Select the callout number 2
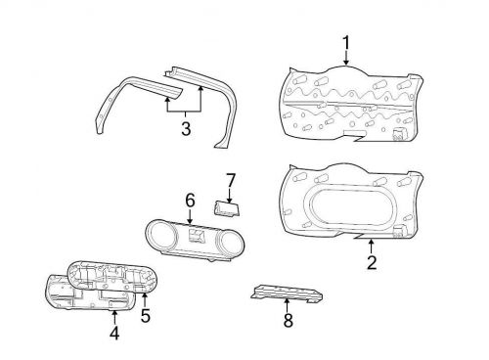[371, 261]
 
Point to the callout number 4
[114, 333]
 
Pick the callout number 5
[146, 316]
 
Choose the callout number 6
[190, 201]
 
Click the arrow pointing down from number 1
[346, 59]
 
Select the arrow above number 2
[371, 245]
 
